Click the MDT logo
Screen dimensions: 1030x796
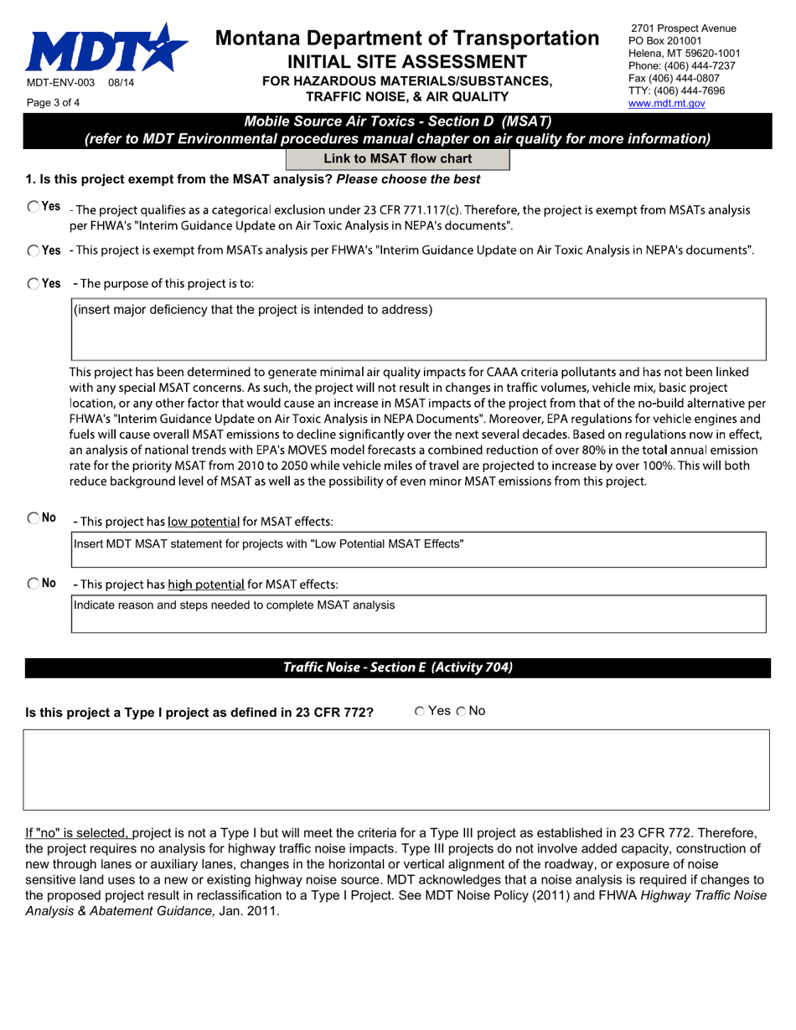click(x=106, y=48)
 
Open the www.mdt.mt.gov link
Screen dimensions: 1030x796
click(x=666, y=103)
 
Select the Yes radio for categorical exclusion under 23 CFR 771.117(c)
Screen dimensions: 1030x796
click(x=33, y=207)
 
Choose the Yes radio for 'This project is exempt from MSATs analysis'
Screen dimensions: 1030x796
click(x=33, y=250)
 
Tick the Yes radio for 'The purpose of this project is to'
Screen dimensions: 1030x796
click(x=33, y=284)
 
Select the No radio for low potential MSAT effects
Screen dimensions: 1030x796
click(x=33, y=518)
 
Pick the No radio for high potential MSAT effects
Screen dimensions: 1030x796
click(x=33, y=583)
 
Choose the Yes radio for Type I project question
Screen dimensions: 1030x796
click(x=419, y=711)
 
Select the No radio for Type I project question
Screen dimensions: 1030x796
click(x=462, y=711)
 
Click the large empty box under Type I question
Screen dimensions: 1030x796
click(x=395, y=769)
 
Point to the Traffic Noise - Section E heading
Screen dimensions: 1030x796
click(x=397, y=667)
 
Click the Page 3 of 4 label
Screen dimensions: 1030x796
click(x=54, y=103)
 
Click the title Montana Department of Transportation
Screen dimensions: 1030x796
click(x=407, y=38)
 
